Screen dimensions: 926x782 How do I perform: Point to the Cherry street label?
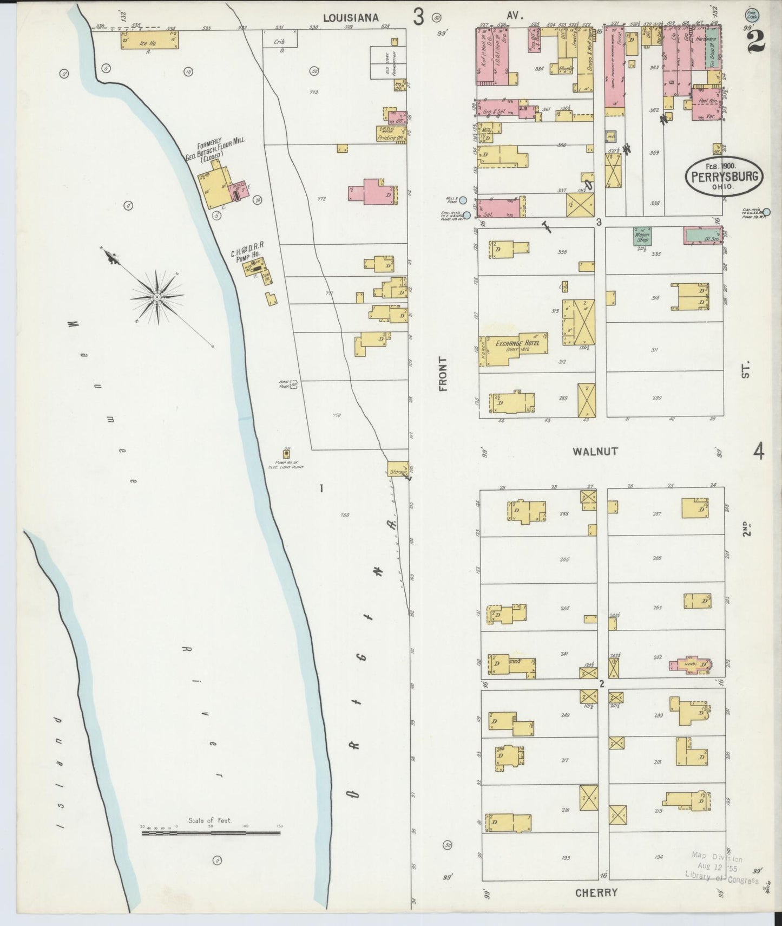tap(596, 892)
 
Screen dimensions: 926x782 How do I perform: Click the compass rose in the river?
tap(157, 297)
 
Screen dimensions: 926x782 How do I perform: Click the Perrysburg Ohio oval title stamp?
tap(725, 177)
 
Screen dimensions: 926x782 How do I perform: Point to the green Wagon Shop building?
tap(642, 236)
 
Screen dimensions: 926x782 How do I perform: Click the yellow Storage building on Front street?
tap(398, 469)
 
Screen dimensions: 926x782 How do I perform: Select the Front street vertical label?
tap(443, 374)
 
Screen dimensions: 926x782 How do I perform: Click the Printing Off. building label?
tap(391, 138)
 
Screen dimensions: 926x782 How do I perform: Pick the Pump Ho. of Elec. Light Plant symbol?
tap(286, 455)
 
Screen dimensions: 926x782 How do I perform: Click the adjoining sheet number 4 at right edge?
tap(758, 451)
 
